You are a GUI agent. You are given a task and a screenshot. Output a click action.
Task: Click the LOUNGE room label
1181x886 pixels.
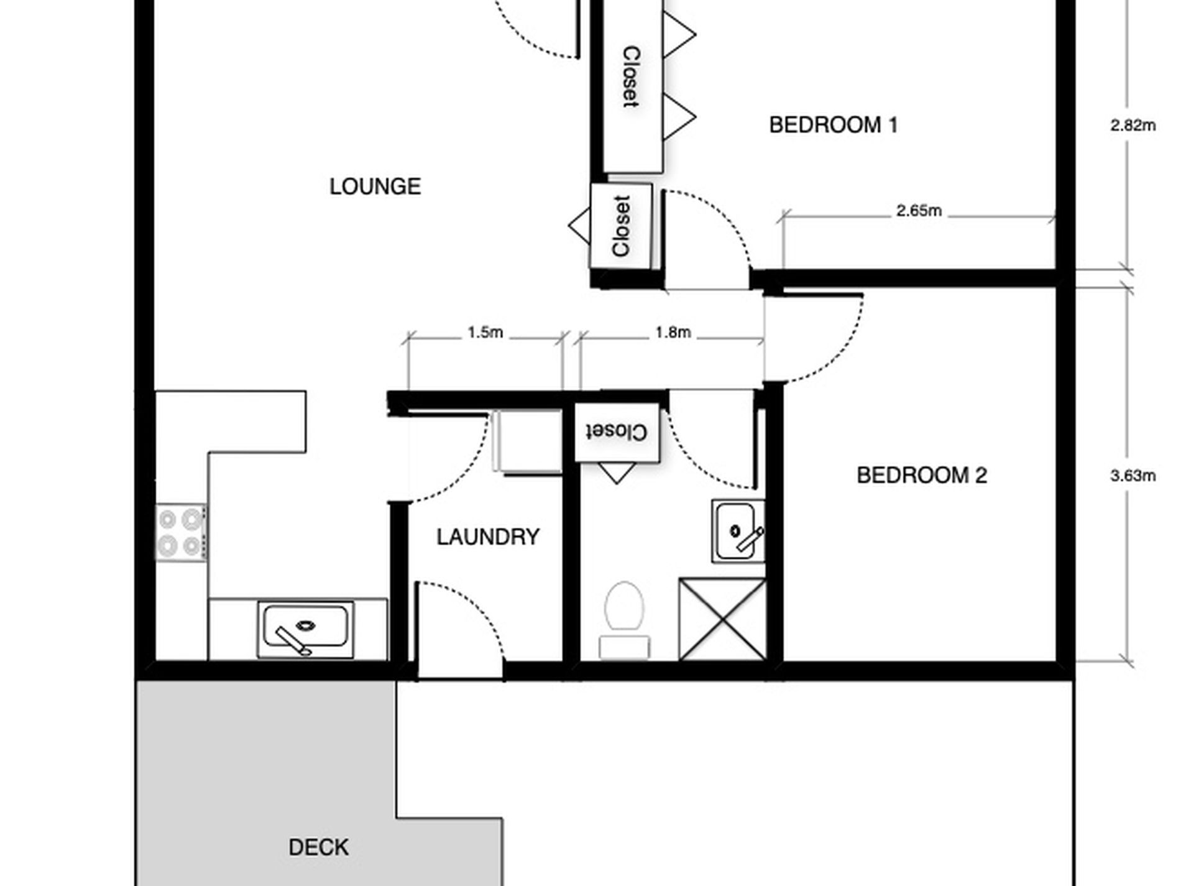coord(375,187)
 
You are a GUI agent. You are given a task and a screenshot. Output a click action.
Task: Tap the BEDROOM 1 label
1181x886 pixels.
coord(833,125)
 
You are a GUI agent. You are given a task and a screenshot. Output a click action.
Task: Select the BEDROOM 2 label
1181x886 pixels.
coord(921,476)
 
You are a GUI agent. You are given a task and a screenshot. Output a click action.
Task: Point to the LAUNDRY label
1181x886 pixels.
coord(487,537)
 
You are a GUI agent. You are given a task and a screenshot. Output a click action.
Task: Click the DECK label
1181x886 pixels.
coord(318,847)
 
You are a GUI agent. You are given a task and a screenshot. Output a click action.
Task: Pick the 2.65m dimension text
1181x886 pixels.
coord(918,211)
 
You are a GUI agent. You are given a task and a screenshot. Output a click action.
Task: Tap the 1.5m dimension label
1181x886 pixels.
coord(485,333)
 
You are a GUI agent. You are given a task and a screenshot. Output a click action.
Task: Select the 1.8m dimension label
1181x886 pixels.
coord(673,333)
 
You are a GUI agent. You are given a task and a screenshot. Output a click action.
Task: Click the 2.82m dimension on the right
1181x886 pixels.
coord(1133,126)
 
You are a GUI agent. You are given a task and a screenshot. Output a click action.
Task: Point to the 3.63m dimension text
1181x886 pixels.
coord(1133,476)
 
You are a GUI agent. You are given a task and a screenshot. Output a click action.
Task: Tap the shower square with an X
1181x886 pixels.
coord(722,619)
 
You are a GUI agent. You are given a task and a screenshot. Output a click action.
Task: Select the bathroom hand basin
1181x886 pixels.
coord(737,531)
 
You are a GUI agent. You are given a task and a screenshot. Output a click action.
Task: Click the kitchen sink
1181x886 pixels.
coord(305,628)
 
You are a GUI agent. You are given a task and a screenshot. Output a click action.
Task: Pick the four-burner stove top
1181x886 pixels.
coord(180,532)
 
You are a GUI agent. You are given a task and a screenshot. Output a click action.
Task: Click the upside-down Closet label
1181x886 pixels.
coord(616,431)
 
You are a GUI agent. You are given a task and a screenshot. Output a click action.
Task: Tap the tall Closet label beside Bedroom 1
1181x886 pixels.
coord(631,77)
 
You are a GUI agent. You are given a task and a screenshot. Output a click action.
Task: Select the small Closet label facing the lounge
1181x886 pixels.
coord(621,226)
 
